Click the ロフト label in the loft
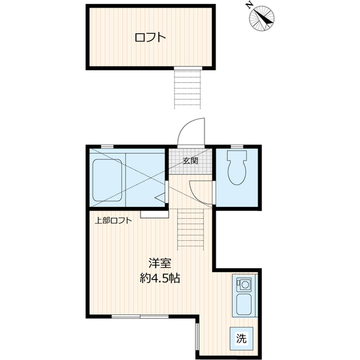pyautogui.click(x=150, y=38)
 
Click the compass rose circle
pyautogui.click(x=262, y=18)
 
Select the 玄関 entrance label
pyautogui.click(x=190, y=161)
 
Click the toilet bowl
pyautogui.click(x=237, y=172)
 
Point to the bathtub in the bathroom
pyautogui.click(x=107, y=180)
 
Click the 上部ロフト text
pyautogui.click(x=114, y=220)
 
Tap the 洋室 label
pyautogui.click(x=160, y=263)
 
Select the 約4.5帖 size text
pyautogui.click(x=160, y=278)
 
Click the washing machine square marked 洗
pyautogui.click(x=241, y=339)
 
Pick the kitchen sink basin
pyautogui.click(x=244, y=304)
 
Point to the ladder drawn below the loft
pyautogui.click(x=187, y=89)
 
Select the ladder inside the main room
pyautogui.click(x=191, y=229)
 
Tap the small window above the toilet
pyautogui.click(x=237, y=146)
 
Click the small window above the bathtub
pyautogui.click(x=107, y=146)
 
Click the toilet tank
pyautogui.click(x=237, y=155)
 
